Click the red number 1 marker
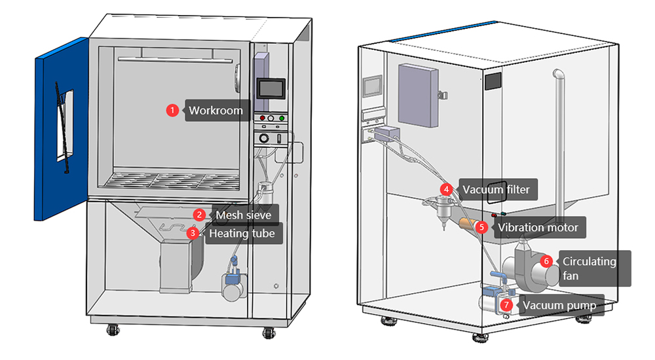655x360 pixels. pos(172,111)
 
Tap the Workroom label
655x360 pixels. pos(215,111)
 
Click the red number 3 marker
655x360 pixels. pos(193,232)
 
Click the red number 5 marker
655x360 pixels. pos(481,228)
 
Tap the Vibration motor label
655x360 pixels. pos(537,228)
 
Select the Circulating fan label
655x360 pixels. pos(589,268)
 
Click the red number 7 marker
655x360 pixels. pos(506,305)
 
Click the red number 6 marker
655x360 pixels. pos(546,261)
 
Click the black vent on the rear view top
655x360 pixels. pos(492,82)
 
